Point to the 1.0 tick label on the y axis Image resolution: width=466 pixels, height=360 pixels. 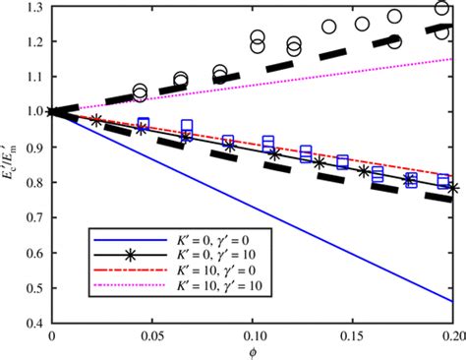pyautogui.click(x=34, y=112)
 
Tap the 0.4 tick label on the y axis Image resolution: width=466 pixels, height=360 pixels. pyautogui.click(x=34, y=323)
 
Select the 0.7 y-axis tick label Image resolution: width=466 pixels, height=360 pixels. pyautogui.click(x=34, y=217)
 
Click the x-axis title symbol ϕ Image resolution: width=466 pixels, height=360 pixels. pyautogui.click(x=252, y=353)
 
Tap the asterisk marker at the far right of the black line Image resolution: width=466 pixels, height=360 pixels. pyautogui.click(x=453, y=187)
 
